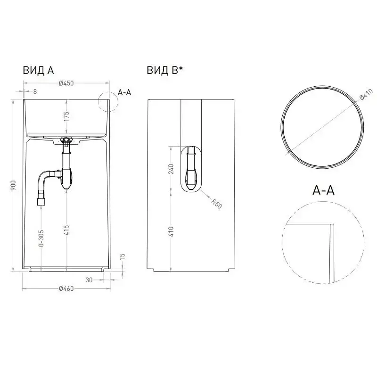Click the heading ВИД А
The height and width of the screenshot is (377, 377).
pos(38,70)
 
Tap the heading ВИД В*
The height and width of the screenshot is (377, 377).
pos(165,70)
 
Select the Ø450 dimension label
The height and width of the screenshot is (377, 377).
pos(66,83)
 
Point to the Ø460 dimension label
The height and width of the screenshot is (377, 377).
pos(66,288)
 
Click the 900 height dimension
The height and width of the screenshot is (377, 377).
pos(14,185)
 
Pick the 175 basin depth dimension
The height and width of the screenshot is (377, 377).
pos(66,116)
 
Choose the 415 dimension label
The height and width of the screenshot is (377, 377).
pos(66,230)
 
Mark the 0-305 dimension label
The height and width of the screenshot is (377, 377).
pos(41,238)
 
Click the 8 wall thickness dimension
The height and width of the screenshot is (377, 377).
pos(35,91)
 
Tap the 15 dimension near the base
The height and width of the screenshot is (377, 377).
pos(123,257)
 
